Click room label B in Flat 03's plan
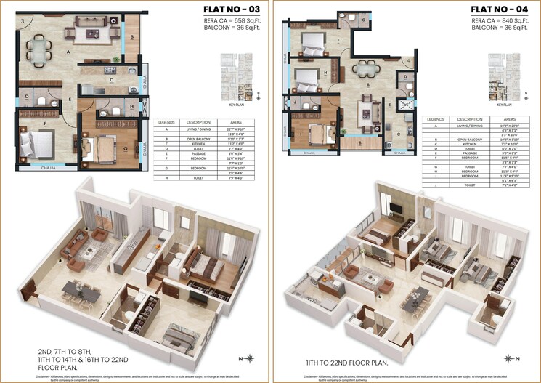131,36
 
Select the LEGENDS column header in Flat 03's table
166,122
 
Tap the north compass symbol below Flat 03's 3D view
249,358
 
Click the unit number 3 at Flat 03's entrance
23,21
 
